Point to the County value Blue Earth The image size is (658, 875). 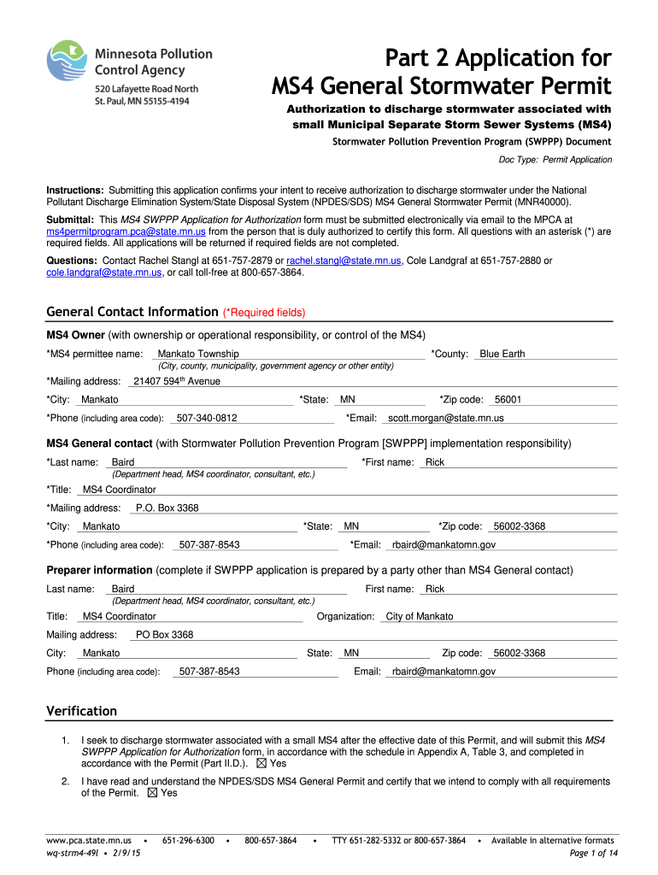(x=502, y=354)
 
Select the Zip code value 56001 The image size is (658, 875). (x=508, y=399)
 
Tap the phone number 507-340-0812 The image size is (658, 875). (x=206, y=418)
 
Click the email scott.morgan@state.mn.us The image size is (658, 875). (x=446, y=418)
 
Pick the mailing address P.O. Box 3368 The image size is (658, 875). (x=167, y=508)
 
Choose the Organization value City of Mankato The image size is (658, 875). (x=420, y=616)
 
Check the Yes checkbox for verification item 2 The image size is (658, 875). (x=153, y=793)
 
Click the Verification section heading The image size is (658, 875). (x=81, y=711)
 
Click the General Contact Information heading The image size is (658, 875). (x=132, y=312)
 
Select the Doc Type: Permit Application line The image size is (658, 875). (x=555, y=160)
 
